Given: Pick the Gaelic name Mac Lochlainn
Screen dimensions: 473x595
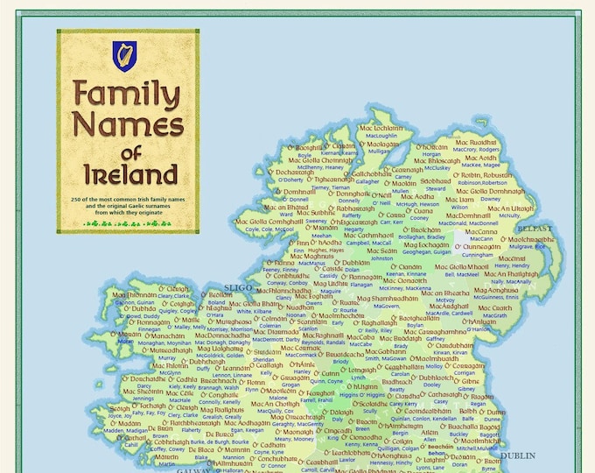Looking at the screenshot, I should [381, 128].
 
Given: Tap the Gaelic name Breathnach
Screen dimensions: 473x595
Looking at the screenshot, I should [218, 382].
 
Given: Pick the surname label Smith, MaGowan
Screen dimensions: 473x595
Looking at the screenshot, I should [384, 358].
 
